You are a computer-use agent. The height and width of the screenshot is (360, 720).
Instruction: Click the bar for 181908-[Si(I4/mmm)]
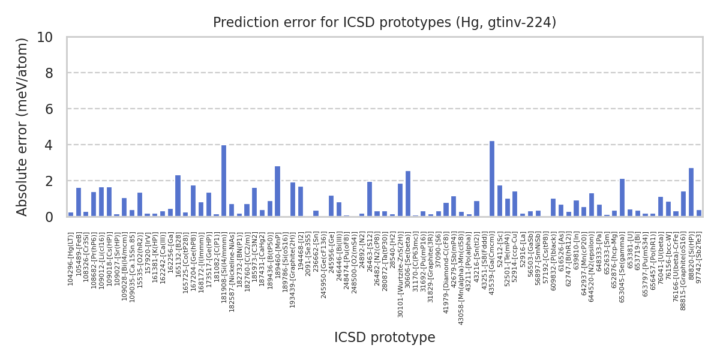tap(224, 181)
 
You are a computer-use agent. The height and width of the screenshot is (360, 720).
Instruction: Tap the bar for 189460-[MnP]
tap(277, 191)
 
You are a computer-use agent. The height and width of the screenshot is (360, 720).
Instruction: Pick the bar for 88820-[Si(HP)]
tap(691, 192)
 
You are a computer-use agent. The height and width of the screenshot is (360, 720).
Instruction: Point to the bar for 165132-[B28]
tap(178, 196)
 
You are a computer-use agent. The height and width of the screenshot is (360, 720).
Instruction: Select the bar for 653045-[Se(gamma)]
tap(622, 197)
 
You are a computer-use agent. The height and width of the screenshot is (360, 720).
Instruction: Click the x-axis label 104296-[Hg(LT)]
tap(71, 259)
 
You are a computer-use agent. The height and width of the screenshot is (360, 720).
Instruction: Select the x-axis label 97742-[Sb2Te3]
tap(699, 260)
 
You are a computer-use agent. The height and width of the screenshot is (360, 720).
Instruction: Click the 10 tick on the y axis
tap(45, 37)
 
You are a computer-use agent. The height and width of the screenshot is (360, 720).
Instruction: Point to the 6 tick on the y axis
tap(49, 109)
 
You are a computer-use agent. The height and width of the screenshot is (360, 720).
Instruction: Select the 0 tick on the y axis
tap(49, 217)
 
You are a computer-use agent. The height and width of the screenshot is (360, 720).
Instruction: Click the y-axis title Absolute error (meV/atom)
tap(23, 127)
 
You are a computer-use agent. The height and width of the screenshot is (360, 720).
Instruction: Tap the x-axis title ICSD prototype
tap(385, 338)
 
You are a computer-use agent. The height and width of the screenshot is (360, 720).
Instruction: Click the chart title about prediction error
tap(385, 23)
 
